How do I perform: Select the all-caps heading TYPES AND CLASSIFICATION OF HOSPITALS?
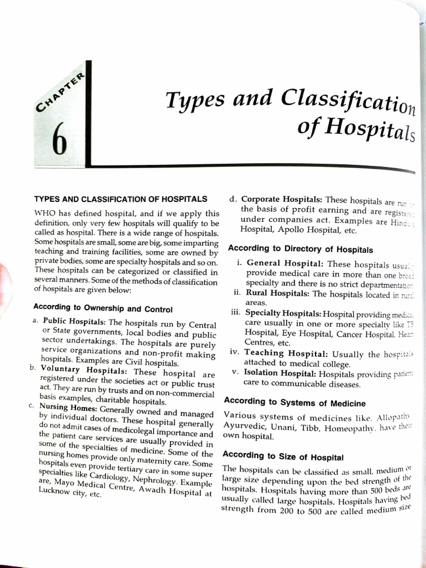pos(121,199)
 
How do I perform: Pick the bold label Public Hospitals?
pos(75,322)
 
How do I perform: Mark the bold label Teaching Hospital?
pos(287,353)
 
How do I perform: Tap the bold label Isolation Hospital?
pos(281,373)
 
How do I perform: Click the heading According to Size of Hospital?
pos(283,457)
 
